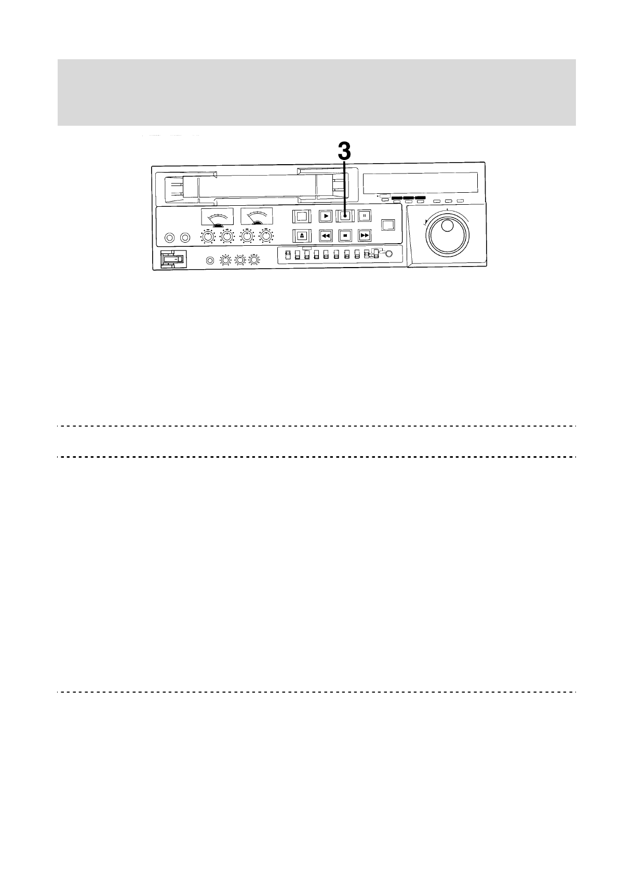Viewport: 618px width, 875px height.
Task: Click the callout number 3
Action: pyautogui.click(x=344, y=152)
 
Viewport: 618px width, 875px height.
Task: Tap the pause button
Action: pyautogui.click(x=365, y=215)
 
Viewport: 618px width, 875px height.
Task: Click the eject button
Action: pyautogui.click(x=302, y=235)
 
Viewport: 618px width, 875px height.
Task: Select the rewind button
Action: pyautogui.click(x=326, y=235)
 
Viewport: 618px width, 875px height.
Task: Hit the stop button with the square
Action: pyautogui.click(x=345, y=235)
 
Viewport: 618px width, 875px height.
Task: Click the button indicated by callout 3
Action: pyautogui.click(x=344, y=215)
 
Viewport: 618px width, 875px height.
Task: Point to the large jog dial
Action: pyautogui.click(x=447, y=234)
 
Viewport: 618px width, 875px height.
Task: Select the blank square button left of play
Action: pyautogui.click(x=302, y=215)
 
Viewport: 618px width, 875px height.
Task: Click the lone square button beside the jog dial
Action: pyautogui.click(x=388, y=225)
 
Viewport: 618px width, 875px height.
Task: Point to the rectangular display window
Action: pyautogui.click(x=420, y=183)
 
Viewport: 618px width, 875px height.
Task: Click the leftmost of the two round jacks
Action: pyautogui.click(x=169, y=238)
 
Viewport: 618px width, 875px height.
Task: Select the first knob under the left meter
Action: pyautogui.click(x=208, y=237)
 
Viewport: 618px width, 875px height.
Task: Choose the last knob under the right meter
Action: pyautogui.click(x=267, y=237)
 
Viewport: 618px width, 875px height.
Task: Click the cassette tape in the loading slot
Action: pyautogui.click(x=257, y=187)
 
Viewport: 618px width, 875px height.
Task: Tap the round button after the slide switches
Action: pyautogui.click(x=389, y=254)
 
